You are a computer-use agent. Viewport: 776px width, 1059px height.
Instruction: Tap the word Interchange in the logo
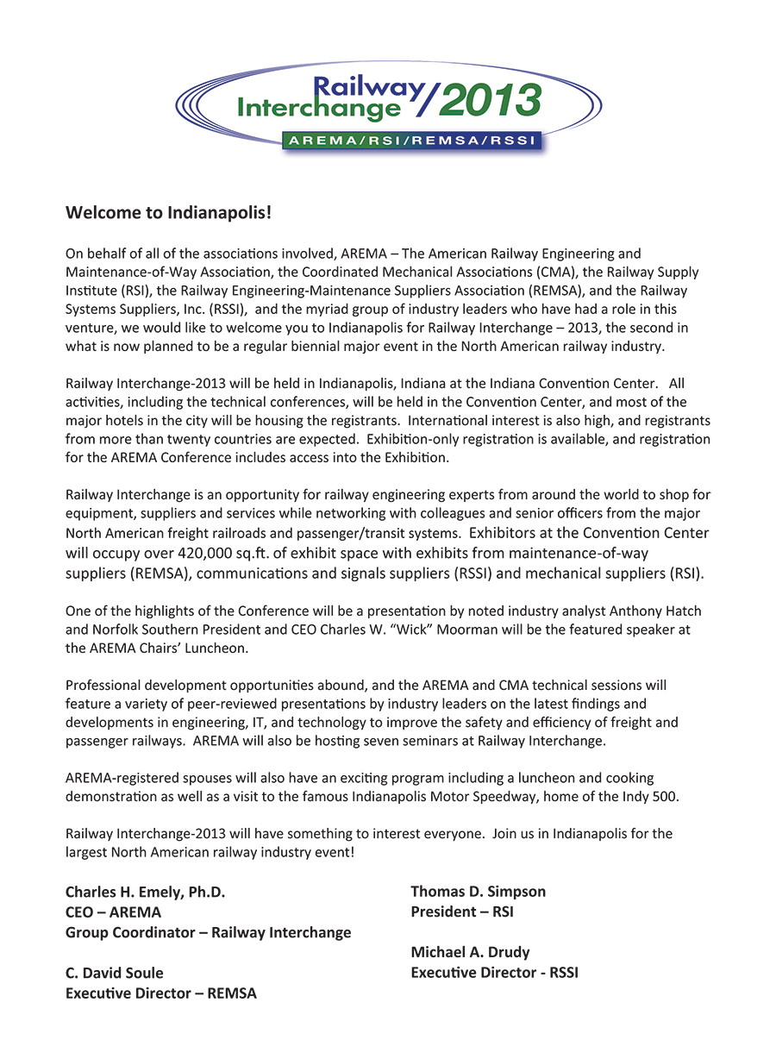[x=319, y=107]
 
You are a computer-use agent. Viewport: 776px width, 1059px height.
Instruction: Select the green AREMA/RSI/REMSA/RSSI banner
[x=410, y=142]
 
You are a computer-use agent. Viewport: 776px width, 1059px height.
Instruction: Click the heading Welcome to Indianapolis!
[x=169, y=212]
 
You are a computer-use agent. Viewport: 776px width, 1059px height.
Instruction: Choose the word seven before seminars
[x=384, y=741]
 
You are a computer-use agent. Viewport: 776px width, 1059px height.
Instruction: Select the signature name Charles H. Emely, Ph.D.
[x=146, y=893]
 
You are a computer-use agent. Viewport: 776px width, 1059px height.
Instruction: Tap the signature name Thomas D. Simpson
[x=479, y=892]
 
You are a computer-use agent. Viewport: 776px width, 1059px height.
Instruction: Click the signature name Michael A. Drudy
[x=470, y=953]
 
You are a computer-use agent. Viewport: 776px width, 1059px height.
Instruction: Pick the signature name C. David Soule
[x=115, y=974]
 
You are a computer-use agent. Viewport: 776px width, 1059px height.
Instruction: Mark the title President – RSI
[x=462, y=912]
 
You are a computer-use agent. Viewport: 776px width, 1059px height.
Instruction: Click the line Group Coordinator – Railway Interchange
[x=208, y=932]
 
